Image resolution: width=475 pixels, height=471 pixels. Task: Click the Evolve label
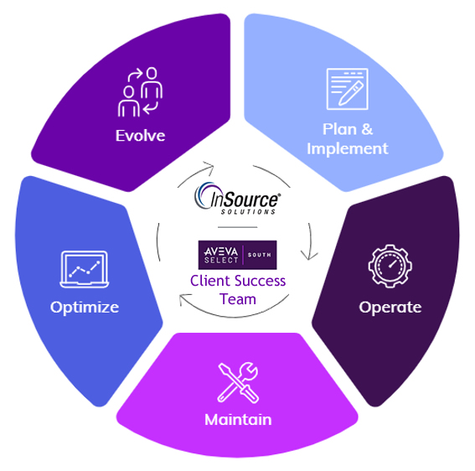point(140,136)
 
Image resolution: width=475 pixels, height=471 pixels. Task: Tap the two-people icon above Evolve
point(140,92)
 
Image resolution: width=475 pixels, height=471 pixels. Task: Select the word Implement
point(348,149)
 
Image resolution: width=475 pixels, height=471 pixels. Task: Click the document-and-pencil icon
point(348,89)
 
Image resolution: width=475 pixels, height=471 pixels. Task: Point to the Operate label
point(390,308)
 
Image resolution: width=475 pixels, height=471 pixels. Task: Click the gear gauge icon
point(390,266)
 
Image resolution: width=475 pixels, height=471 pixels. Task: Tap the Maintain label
point(238,420)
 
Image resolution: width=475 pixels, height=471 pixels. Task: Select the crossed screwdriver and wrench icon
point(238,382)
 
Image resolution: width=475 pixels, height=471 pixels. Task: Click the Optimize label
point(85,308)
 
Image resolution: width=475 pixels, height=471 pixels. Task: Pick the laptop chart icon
point(85,269)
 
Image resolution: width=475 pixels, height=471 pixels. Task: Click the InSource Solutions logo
point(238,199)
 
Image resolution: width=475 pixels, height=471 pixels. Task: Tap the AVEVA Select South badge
point(238,255)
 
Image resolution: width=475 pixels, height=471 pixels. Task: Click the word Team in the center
point(238,299)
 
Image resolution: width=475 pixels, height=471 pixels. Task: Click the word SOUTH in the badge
point(260,255)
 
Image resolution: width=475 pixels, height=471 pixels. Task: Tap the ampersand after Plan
point(367,129)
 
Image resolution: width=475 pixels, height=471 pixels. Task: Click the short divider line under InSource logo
point(238,227)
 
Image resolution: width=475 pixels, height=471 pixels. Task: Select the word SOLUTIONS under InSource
point(248,211)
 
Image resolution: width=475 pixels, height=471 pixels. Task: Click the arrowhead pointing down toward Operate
point(309,256)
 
